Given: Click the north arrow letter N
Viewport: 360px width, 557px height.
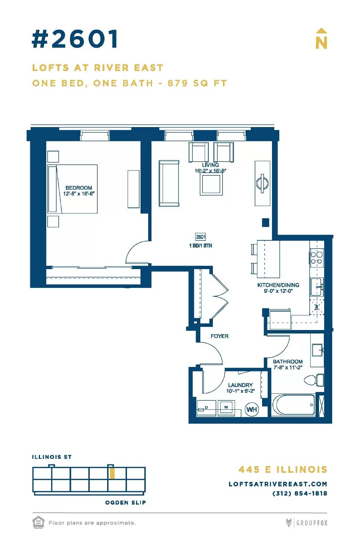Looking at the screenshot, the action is [321, 43].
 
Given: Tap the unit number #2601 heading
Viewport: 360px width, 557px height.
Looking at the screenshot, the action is [75, 39].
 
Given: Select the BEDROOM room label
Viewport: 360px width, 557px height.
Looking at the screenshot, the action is [79, 188].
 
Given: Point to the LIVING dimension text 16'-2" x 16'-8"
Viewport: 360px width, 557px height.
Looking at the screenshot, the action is [210, 171].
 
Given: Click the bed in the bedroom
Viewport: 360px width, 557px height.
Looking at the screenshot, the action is [72, 189].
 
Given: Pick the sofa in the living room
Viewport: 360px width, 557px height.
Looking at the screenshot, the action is [169, 183].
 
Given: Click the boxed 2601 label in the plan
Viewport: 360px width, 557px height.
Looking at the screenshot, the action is [201, 237].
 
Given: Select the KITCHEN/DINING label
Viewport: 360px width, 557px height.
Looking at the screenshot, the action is [278, 285].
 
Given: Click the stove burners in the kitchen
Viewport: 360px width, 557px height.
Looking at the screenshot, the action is [317, 258].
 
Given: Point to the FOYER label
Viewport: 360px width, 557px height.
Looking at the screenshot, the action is [219, 336].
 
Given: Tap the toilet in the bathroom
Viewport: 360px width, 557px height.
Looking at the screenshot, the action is [314, 380].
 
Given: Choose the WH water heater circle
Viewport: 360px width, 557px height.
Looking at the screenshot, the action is [252, 409].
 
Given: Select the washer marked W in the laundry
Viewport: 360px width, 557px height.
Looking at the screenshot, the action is [226, 408].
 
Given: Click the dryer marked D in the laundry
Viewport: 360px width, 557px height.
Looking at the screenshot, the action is [206, 408].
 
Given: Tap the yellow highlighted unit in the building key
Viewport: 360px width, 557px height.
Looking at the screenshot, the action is [112, 473].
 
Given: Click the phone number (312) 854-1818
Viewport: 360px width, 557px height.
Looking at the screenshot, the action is [299, 493].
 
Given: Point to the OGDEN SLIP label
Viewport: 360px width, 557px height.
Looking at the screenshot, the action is [126, 503].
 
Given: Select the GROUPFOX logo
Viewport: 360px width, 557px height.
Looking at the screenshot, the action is [306, 523].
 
